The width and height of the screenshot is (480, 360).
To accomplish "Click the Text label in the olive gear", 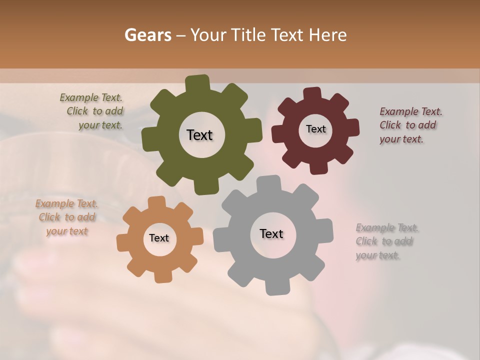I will coord(199,135).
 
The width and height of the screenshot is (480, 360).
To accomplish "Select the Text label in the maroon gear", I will coord(315,129).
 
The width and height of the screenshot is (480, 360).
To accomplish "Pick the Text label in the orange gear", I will coord(159,238).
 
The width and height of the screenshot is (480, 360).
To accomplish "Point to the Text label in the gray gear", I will coord(271,233).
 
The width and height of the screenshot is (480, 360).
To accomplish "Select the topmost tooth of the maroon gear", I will coord(312,94).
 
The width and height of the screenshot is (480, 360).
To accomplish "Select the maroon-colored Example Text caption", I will coord(410,125).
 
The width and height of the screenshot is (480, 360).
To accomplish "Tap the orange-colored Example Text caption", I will coord(66,217).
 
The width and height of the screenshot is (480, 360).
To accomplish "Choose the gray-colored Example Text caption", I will coord(386,241).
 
